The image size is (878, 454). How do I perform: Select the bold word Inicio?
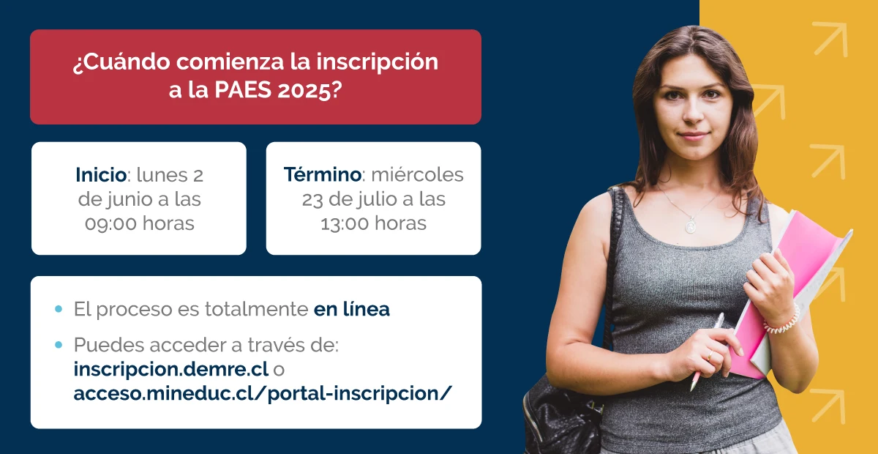[x=101, y=175]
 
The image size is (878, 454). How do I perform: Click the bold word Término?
[x=322, y=175]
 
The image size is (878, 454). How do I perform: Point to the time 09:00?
[x=112, y=223]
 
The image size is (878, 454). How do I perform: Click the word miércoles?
[x=417, y=175]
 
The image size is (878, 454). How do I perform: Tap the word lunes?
[x=161, y=175]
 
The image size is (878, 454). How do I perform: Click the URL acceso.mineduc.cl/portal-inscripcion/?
[x=263, y=393]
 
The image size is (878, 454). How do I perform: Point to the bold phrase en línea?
[x=351, y=309]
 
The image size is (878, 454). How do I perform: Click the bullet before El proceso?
[x=59, y=309]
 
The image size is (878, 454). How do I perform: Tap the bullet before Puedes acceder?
[x=59, y=345]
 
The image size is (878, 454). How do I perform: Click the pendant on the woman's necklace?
[x=690, y=225]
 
